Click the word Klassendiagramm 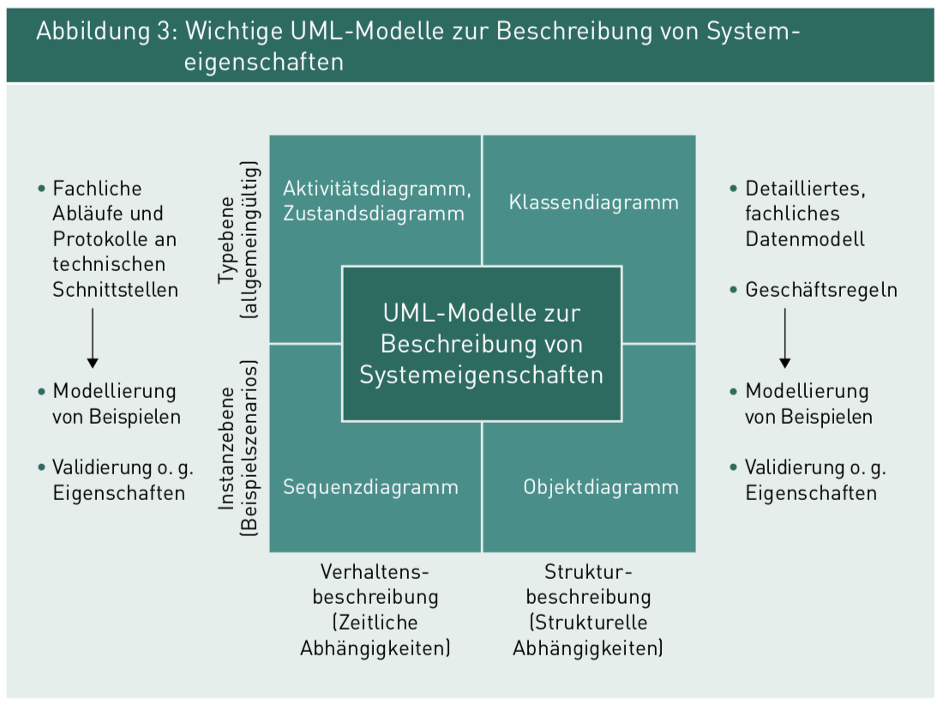(593, 202)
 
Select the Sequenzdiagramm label (370, 487)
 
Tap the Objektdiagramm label (601, 487)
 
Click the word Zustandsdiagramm (374, 214)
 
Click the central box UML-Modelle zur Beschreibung (481, 343)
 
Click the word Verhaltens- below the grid (375, 571)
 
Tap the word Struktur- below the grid (588, 571)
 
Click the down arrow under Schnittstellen (93, 338)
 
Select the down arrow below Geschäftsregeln (784, 338)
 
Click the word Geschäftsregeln (821, 290)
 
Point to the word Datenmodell (805, 238)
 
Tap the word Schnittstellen (116, 290)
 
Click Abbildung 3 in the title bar (102, 33)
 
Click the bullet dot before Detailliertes (733, 189)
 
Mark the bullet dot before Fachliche (40, 189)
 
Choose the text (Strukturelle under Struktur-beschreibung (588, 623)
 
